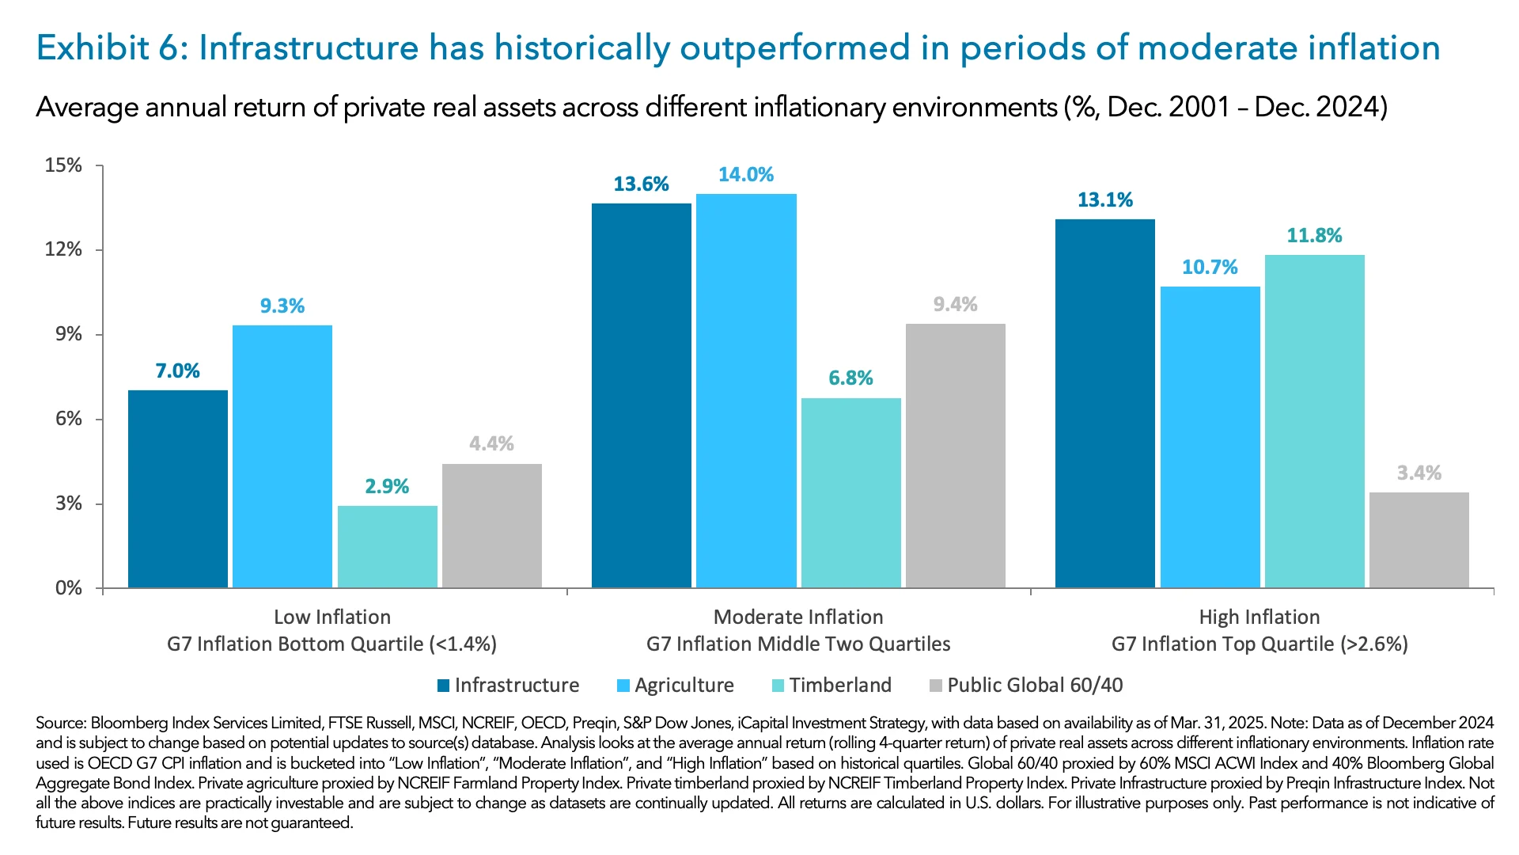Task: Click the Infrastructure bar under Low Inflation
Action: (x=178, y=488)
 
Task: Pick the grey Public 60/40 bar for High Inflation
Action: (x=1419, y=540)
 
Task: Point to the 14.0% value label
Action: (x=745, y=175)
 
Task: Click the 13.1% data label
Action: (x=1104, y=200)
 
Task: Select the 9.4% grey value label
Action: (x=955, y=305)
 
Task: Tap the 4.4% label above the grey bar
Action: (x=491, y=444)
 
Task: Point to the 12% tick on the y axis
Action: (x=64, y=250)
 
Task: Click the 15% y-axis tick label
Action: (x=63, y=165)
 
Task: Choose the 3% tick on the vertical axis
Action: (x=69, y=504)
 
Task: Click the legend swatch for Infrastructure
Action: (x=443, y=686)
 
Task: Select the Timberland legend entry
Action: (x=839, y=686)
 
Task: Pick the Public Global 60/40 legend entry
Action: (x=1034, y=686)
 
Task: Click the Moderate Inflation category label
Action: (x=798, y=617)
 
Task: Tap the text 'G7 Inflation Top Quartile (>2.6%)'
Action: (x=1260, y=644)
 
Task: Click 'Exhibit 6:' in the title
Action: (x=110, y=48)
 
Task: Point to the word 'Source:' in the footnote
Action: (x=61, y=723)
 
